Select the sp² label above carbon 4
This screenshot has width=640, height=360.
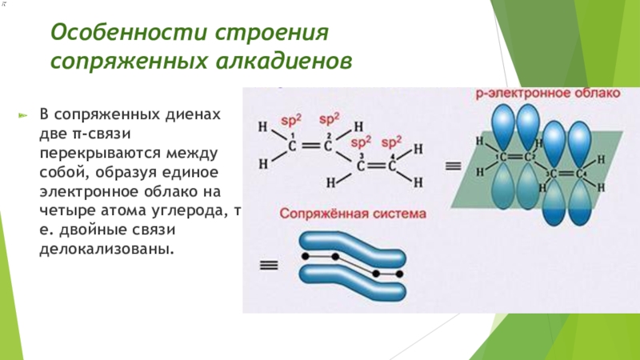(391, 142)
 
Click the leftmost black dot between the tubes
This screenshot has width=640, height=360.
(304, 256)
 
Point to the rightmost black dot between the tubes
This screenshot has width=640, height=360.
(399, 274)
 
